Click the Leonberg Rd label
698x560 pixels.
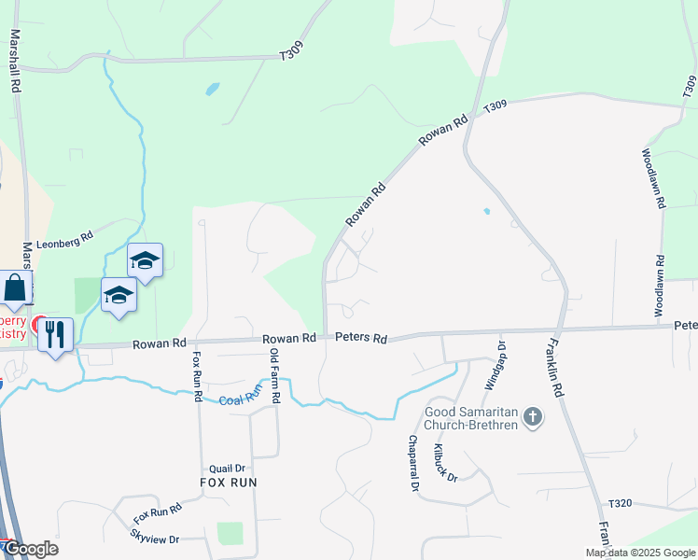[67, 237]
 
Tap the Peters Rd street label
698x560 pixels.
[362, 338]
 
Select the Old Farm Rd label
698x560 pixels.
[274, 375]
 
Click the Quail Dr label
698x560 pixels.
[227, 469]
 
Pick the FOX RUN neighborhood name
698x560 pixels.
[228, 483]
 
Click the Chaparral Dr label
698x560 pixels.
[412, 463]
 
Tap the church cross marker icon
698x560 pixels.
[533, 417]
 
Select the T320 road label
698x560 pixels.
[619, 503]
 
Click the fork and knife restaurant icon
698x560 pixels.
[56, 333]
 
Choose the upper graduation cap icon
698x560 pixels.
[145, 259]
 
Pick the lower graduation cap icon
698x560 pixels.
[119, 295]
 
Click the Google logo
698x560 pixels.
[30, 549]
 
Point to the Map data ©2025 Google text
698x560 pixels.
[640, 553]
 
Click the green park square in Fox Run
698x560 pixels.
[230, 533]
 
